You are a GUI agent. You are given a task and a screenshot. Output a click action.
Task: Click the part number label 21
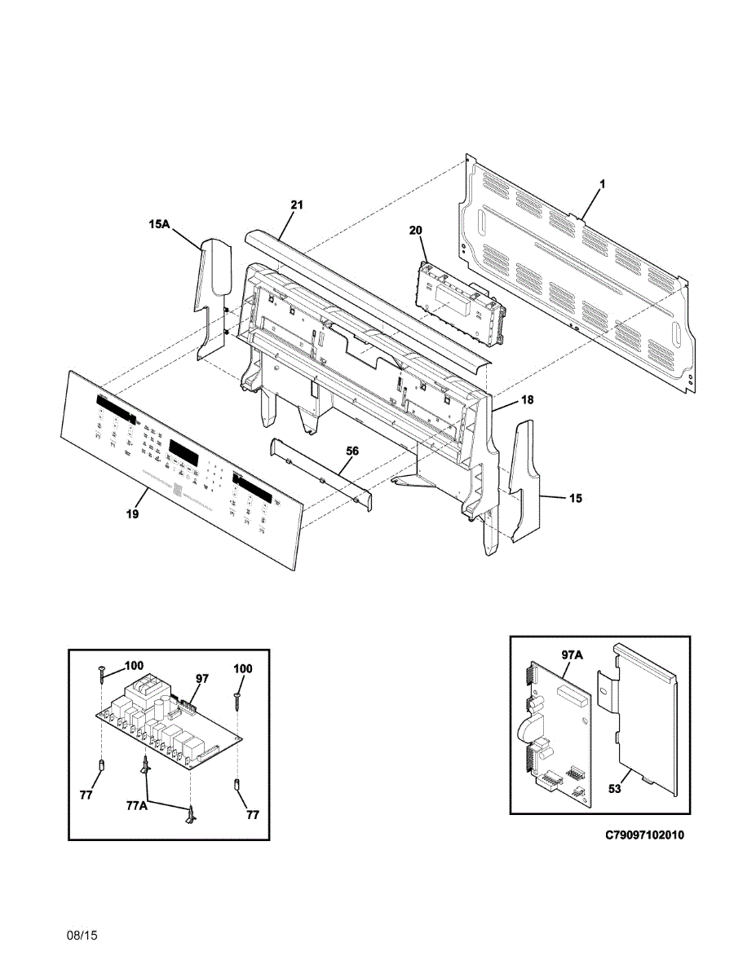tap(296, 205)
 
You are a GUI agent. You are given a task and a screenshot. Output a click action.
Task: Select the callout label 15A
tap(159, 223)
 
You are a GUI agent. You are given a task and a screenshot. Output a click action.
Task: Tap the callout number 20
tap(416, 231)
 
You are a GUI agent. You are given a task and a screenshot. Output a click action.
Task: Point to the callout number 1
tap(602, 185)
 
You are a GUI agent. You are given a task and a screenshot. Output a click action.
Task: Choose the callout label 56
tap(352, 450)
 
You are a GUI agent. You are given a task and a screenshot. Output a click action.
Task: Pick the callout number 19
tap(132, 514)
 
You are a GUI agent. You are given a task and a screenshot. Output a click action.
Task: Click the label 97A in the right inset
tap(573, 654)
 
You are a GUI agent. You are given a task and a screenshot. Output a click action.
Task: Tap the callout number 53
tap(615, 789)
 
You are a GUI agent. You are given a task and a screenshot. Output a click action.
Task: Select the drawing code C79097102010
tap(645, 835)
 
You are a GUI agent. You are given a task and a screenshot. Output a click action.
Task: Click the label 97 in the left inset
tap(203, 678)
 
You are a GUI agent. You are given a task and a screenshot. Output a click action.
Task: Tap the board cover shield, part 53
tap(644, 717)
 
